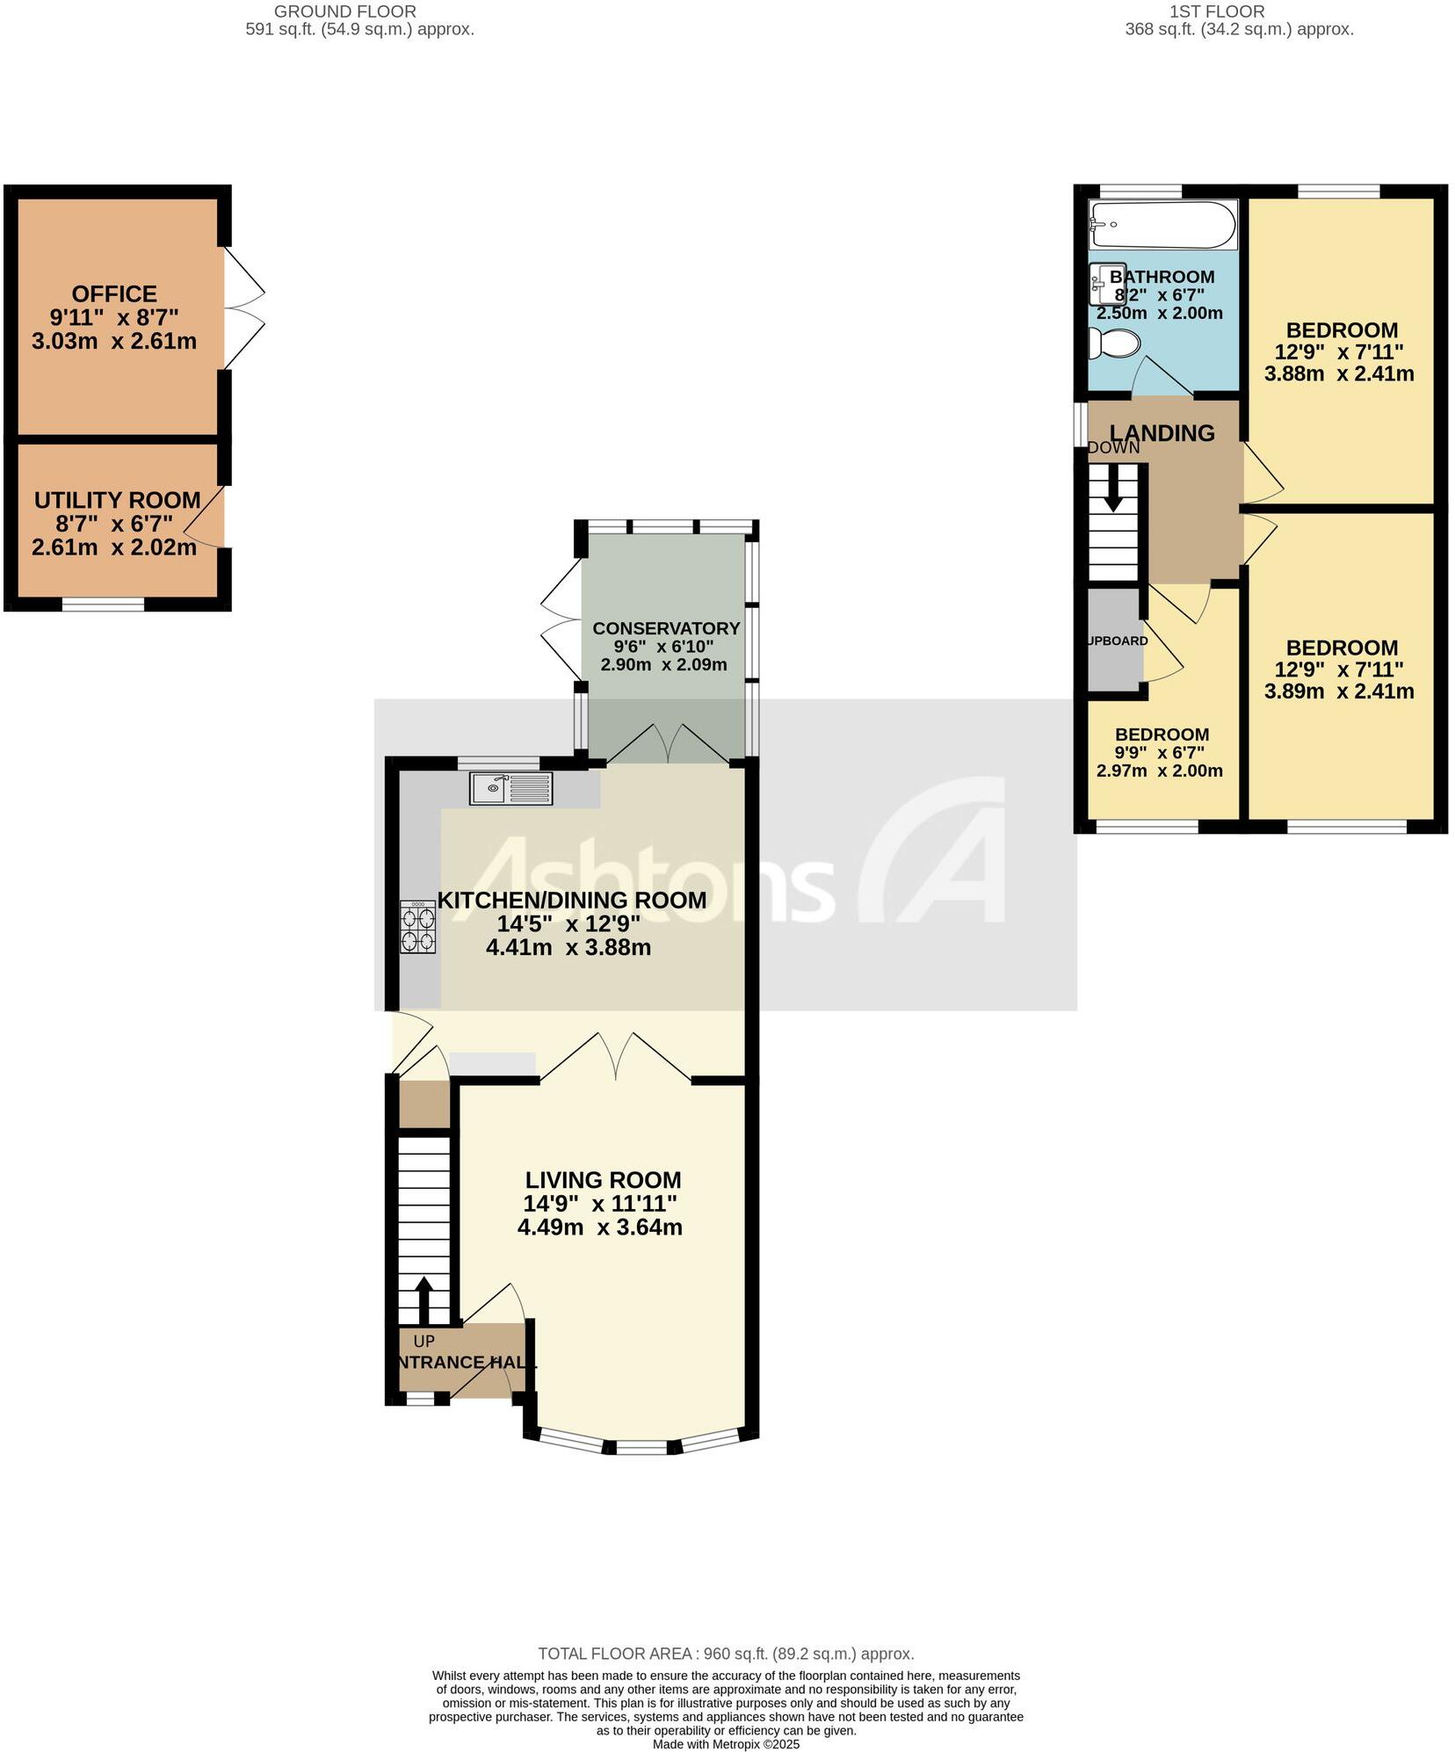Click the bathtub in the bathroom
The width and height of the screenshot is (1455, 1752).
(x=1162, y=225)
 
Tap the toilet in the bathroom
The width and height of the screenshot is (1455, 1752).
(x=1114, y=343)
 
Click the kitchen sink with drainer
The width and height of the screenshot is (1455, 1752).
(x=510, y=788)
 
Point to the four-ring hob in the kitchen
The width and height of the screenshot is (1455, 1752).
(x=418, y=929)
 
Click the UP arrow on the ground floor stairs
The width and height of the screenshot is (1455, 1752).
(x=423, y=1300)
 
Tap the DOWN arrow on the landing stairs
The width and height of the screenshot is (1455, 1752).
(x=1112, y=488)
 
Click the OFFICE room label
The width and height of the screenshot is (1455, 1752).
(x=114, y=293)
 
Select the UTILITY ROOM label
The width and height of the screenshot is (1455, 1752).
(x=118, y=500)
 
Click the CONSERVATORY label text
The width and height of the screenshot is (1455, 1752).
(x=666, y=628)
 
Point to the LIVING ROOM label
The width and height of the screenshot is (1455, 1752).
(x=603, y=1180)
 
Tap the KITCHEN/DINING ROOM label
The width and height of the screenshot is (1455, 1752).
(x=572, y=900)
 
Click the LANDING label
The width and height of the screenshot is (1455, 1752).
(x=1162, y=432)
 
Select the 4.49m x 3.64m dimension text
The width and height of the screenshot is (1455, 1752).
(x=600, y=1227)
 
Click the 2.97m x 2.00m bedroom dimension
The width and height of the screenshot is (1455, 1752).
(x=1159, y=771)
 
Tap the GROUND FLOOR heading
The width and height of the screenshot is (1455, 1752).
(x=345, y=11)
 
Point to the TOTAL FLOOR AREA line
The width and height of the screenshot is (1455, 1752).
(x=726, y=1654)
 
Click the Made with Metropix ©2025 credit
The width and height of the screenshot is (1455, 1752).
(x=726, y=1744)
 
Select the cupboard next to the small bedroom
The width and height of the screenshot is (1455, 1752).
(x=1114, y=641)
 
